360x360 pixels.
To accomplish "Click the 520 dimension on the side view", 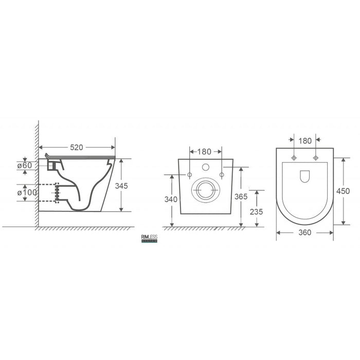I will click(x=77, y=148).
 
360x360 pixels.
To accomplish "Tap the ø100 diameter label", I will click(x=27, y=192).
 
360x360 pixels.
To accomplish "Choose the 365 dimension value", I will click(x=241, y=196).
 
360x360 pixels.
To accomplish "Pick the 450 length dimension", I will click(x=343, y=191).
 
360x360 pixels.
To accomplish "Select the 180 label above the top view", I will click(x=304, y=140).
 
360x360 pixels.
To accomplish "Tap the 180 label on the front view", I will click(x=205, y=151).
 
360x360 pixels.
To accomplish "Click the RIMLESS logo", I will click(x=149, y=237).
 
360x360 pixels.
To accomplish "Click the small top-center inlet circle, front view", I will click(x=205, y=167).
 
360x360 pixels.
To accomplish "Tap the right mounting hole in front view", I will click(x=222, y=175).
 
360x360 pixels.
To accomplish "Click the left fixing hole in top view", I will click(x=294, y=157).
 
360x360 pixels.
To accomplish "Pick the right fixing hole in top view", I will click(x=315, y=157).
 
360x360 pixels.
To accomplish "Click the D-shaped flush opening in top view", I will click(x=304, y=176).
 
